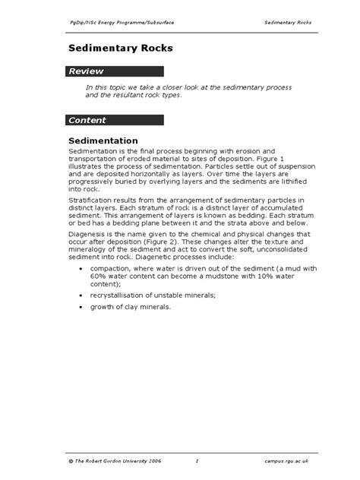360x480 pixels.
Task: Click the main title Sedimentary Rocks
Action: point(121,48)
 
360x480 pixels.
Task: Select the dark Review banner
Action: point(114,71)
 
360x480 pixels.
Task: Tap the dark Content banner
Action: point(114,120)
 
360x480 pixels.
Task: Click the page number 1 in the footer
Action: point(196,461)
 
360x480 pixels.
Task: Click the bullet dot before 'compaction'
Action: point(82,269)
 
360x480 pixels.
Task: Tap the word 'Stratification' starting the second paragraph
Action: point(90,197)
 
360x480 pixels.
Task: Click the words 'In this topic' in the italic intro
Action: point(103,88)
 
